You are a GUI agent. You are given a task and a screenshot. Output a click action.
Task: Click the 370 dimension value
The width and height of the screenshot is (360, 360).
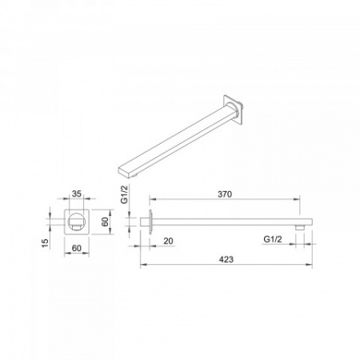[x=225, y=194]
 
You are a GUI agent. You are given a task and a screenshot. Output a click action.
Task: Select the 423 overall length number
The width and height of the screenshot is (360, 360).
[x=226, y=259]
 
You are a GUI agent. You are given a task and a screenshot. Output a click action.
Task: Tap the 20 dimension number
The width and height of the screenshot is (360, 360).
[x=168, y=241]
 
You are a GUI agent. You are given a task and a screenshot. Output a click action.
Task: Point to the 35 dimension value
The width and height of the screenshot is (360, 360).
[x=77, y=194]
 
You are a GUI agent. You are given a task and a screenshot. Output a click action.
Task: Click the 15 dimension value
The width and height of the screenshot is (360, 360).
[x=46, y=243]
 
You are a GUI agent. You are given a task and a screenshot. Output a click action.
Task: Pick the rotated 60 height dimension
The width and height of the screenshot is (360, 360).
[x=106, y=222]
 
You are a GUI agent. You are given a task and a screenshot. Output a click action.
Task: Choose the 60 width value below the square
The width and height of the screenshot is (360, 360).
[x=77, y=248]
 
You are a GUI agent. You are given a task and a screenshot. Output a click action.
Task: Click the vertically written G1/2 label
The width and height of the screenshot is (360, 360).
[x=125, y=195]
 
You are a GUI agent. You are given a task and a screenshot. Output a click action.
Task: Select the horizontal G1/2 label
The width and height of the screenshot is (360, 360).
[x=273, y=239]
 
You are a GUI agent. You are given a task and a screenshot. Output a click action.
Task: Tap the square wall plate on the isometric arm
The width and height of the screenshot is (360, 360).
[x=234, y=109]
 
